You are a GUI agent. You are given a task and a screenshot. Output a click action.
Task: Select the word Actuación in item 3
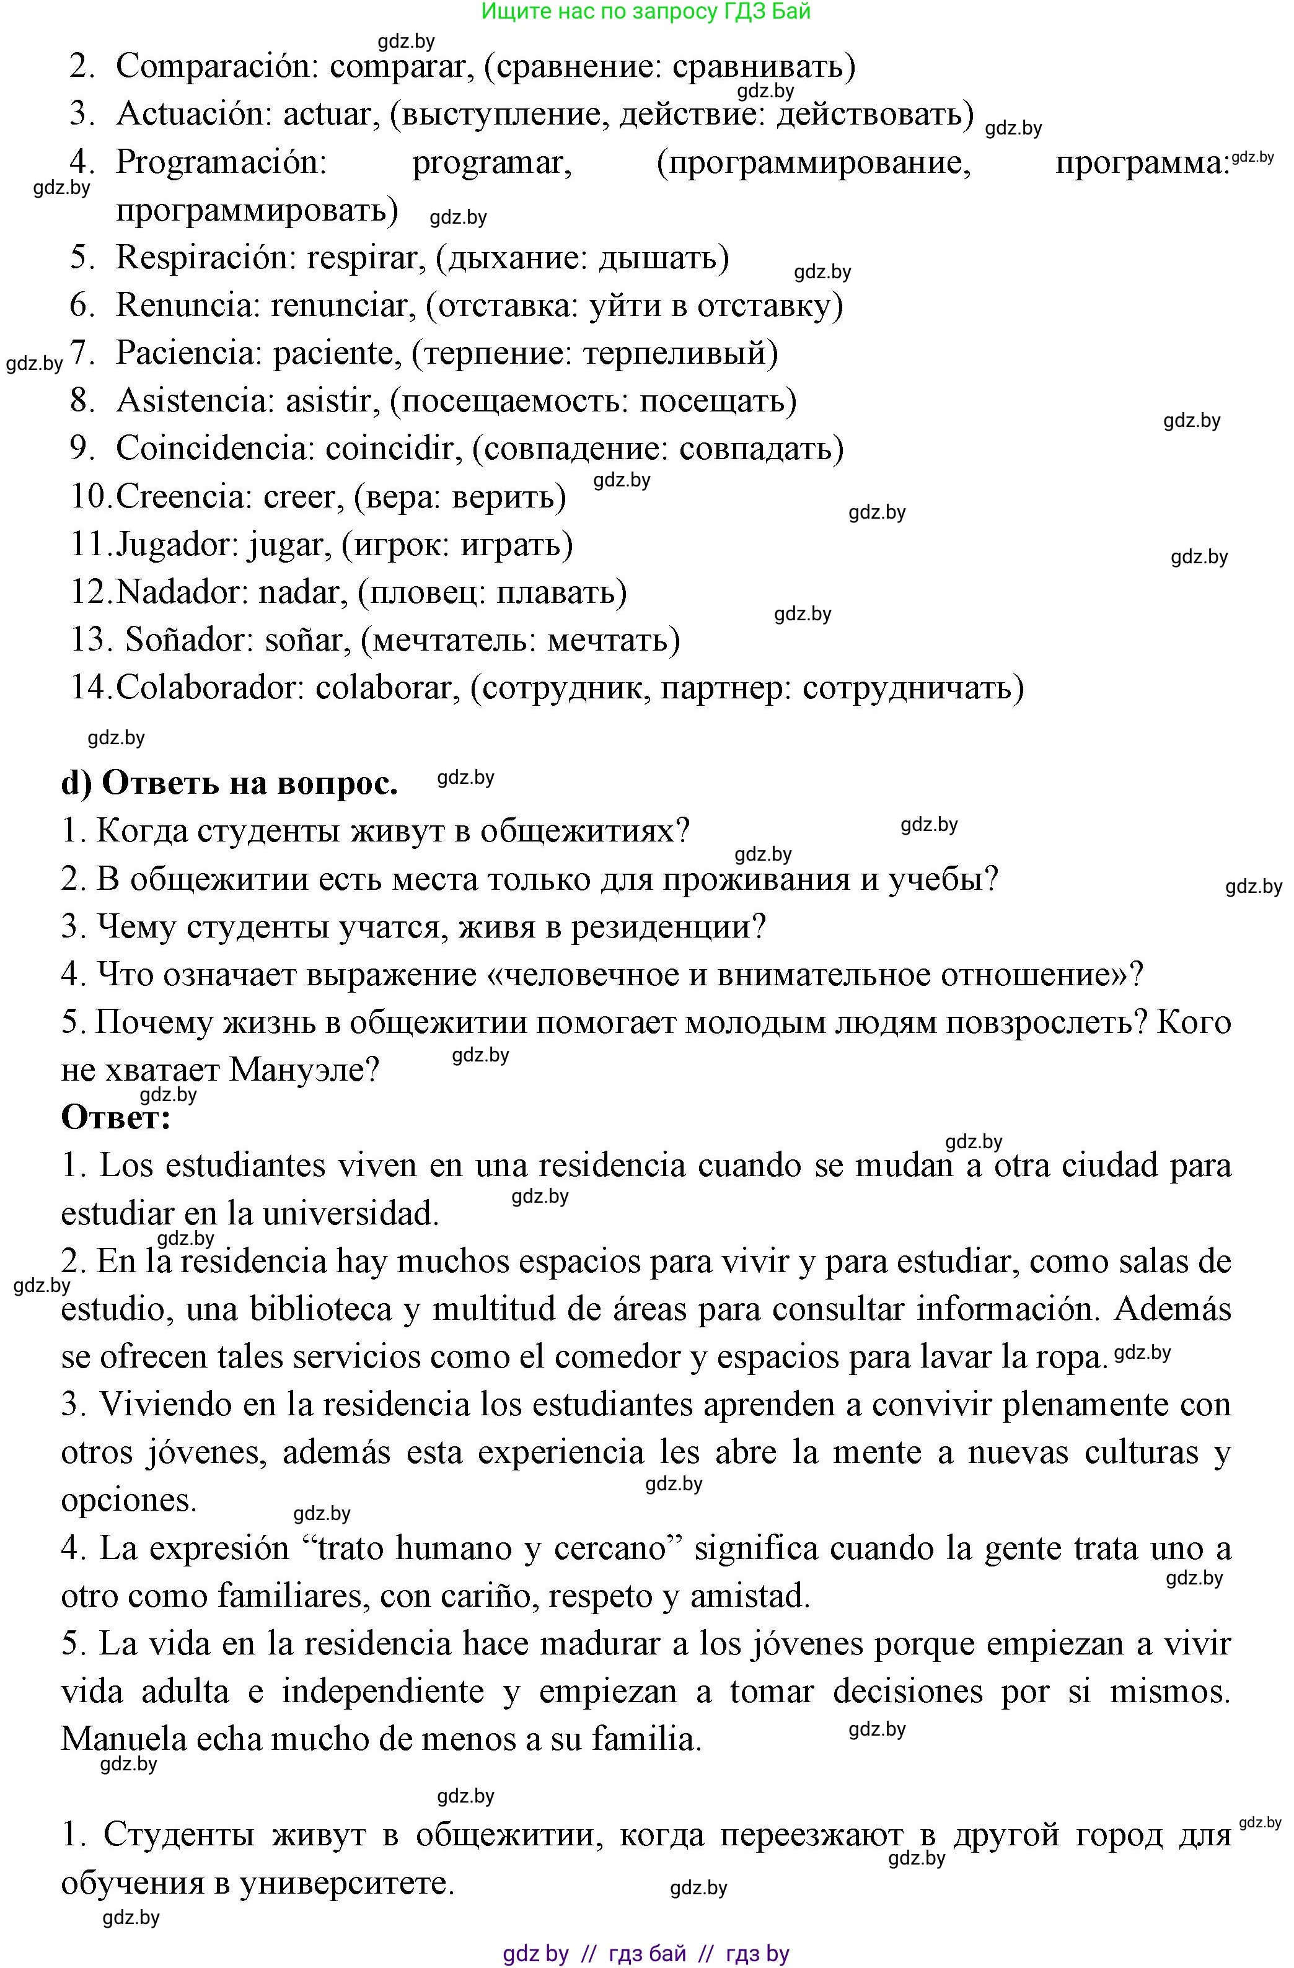click(x=193, y=114)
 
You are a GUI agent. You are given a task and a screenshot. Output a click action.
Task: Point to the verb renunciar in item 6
click(x=340, y=306)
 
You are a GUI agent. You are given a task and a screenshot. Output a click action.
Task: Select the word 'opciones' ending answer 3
click(x=128, y=1501)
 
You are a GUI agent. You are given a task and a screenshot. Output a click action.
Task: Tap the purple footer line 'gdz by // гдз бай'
click(x=645, y=1954)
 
